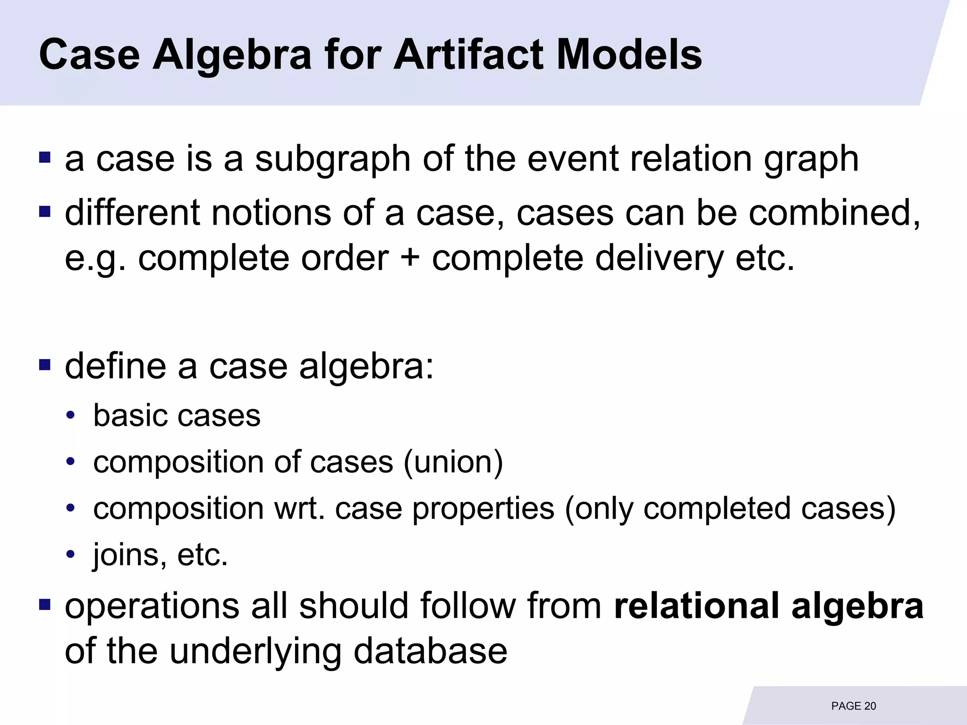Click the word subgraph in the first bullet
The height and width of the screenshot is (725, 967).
[333, 160]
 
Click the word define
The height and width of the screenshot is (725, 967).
[115, 366]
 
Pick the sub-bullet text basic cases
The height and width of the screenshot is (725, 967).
[177, 416]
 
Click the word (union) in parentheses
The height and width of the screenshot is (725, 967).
[453, 462]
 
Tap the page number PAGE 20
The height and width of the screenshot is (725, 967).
[853, 706]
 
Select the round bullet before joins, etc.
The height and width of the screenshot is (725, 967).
[71, 554]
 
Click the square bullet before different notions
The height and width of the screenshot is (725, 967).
[45, 211]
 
